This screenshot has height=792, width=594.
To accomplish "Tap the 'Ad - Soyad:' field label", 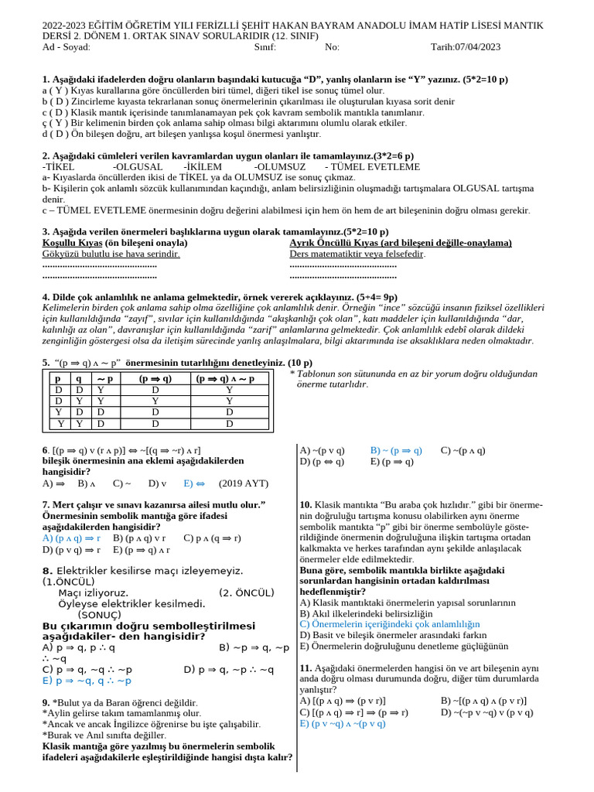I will (67, 47).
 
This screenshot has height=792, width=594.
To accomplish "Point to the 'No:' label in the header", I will (332, 47).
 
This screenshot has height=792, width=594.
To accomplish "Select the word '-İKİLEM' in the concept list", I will (203, 167).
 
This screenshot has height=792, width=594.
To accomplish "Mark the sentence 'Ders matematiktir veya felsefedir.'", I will (357, 254).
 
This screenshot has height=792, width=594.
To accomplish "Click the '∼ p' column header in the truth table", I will (105, 379).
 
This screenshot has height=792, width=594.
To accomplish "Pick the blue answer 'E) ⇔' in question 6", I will (193, 483).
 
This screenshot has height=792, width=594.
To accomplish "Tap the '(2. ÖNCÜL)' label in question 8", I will (247, 592).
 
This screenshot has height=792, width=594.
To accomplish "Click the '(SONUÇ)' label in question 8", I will (100, 614).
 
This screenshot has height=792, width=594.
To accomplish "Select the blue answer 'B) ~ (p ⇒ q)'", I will (396, 450).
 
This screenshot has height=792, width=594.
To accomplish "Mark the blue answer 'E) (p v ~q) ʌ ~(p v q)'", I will (342, 723).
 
